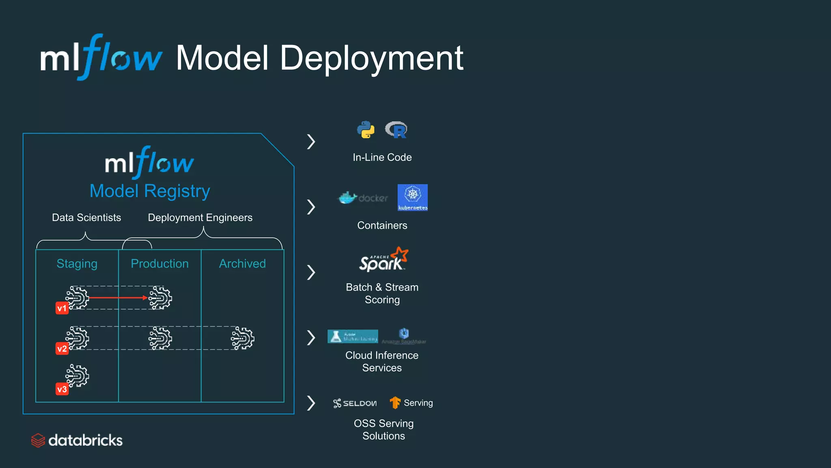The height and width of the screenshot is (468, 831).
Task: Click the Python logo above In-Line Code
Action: tap(366, 130)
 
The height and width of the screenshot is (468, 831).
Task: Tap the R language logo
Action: tap(396, 130)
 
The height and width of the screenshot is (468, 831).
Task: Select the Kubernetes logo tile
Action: tap(412, 197)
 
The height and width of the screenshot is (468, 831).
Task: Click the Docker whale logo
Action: tap(348, 198)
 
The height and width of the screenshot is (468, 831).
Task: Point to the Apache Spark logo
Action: tap(383, 260)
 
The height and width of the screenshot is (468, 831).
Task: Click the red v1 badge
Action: tap(62, 308)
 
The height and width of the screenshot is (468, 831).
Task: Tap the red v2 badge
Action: tap(62, 349)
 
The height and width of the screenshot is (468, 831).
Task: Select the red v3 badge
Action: tap(62, 389)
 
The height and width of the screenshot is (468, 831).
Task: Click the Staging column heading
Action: tap(77, 264)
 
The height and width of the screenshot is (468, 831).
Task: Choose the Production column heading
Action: tap(159, 264)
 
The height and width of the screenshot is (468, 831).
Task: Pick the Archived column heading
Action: tap(242, 264)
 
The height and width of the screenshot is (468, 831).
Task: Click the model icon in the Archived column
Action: tap(243, 338)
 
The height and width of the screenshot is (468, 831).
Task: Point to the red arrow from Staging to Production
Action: tap(118, 298)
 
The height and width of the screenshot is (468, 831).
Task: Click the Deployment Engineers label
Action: tap(200, 218)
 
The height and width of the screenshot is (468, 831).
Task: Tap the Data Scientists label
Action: tap(86, 218)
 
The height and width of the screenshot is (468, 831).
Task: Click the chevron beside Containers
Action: tap(311, 207)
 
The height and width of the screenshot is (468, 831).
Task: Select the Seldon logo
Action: tap(355, 403)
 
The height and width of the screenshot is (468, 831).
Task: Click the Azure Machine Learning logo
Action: tap(353, 336)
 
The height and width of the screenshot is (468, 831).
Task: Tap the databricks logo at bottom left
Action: tap(77, 440)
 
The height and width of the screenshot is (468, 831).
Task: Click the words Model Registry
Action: tap(150, 191)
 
